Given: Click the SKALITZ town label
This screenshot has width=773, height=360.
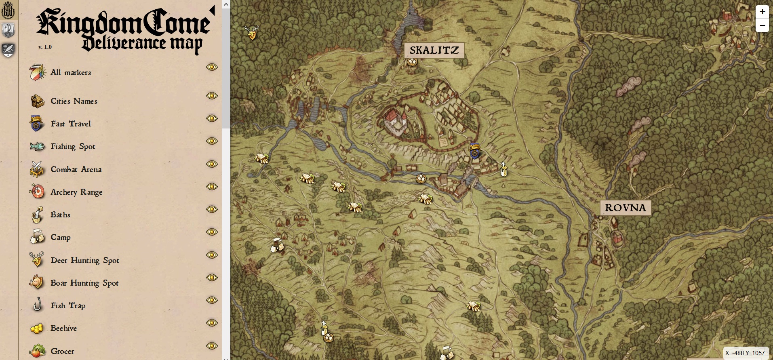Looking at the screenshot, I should coord(434,50).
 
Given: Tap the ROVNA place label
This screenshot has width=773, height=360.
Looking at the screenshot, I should coord(625,208).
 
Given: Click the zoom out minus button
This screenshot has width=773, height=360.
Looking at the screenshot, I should coord(762,25).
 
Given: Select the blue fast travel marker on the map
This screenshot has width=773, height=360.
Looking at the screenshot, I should coord(474,151).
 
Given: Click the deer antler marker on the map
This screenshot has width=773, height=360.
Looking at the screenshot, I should coord(251,33).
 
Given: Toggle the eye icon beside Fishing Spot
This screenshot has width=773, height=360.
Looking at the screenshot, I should coord(212,141).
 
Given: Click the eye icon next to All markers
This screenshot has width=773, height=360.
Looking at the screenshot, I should coord(212,67).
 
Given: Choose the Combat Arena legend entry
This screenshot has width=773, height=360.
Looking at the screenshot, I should coord(76,170).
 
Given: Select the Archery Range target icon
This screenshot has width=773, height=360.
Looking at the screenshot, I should coord(38,192).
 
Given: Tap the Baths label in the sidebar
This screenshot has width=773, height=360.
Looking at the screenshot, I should coord(61,215).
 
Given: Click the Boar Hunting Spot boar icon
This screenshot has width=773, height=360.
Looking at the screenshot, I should coord(36,282).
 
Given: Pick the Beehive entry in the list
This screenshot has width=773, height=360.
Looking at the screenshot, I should coord(63,328).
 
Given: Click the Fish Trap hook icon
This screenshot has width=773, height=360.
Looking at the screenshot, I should coord(38,305).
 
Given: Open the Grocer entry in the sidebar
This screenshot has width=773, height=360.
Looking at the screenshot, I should coord(62,351).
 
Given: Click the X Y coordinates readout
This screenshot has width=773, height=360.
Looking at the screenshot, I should coord(745,353).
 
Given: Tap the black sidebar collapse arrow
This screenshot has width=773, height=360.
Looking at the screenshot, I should coord(212,11).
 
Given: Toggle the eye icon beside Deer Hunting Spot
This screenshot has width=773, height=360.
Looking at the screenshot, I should coord(212,255).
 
